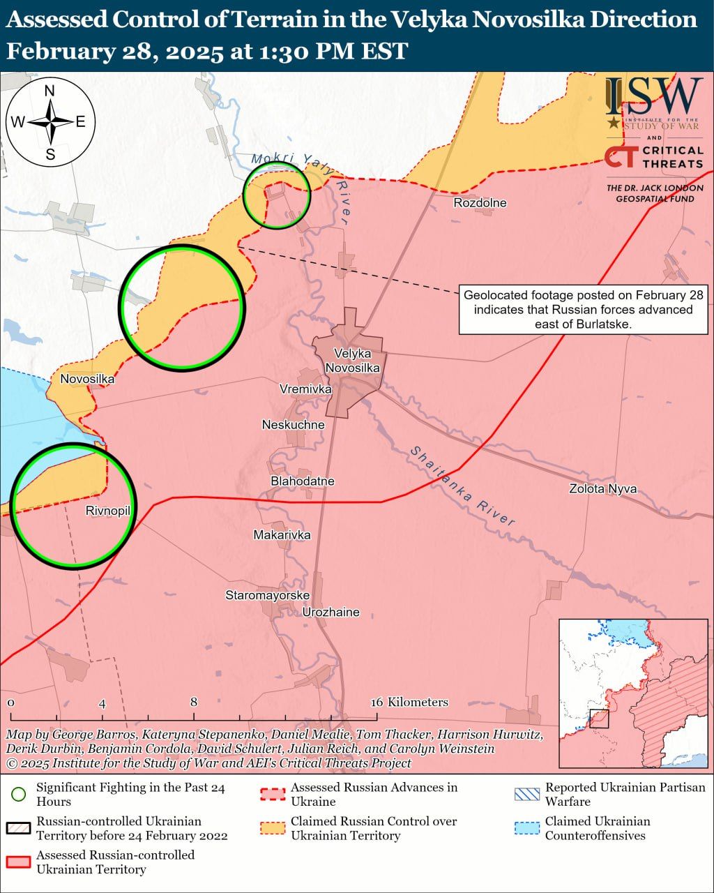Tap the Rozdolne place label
click(480, 203)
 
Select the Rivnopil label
click(108, 511)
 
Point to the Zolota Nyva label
click(602, 489)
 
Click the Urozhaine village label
click(331, 613)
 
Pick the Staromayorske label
click(267, 596)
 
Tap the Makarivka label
click(282, 535)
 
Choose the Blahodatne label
click(303, 481)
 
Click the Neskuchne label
click(293, 425)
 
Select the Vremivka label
click(305, 389)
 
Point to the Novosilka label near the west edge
click(87, 380)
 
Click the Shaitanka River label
click(462, 486)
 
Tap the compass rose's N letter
click(50, 91)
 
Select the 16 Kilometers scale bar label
click(409, 703)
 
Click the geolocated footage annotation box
click(584, 310)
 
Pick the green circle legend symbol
click(19, 795)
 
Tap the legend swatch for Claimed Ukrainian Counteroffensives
click(526, 828)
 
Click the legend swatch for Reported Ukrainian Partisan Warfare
click(526, 795)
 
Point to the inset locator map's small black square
click(599, 719)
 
